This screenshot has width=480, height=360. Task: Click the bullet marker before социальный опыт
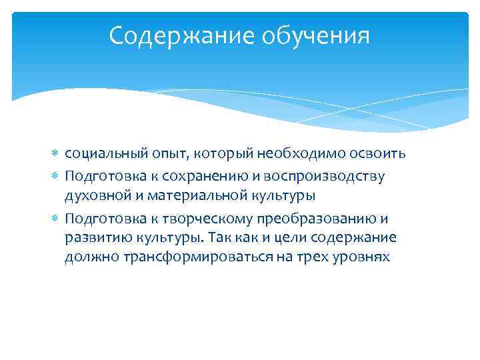[x=55, y=155]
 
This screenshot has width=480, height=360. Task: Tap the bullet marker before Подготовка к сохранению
[x=55, y=176]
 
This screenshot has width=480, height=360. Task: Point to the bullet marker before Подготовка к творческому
[x=55, y=219]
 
